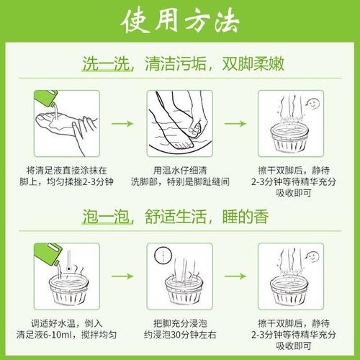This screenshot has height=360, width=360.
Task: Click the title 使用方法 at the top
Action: (180, 21)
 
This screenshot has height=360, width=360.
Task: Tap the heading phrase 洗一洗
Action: (106, 64)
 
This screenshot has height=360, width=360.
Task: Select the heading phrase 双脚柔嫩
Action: (253, 64)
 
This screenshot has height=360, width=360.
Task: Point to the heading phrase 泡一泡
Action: (106, 217)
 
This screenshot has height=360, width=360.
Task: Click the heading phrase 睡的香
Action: (246, 217)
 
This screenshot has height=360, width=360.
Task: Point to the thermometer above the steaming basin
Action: (69, 261)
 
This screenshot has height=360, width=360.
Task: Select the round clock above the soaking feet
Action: (163, 255)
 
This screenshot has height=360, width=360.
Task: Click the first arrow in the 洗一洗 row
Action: (122, 124)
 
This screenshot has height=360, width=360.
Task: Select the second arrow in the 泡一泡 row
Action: (235, 276)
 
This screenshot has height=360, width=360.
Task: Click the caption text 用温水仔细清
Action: (180, 171)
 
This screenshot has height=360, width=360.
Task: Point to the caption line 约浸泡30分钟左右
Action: (180, 335)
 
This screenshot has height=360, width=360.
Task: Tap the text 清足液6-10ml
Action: (44, 335)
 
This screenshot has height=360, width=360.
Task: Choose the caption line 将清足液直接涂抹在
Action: (66, 171)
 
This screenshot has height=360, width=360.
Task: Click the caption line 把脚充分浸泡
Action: (180, 323)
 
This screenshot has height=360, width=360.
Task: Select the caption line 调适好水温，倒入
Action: (66, 323)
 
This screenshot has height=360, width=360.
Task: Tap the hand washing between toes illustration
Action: (180, 124)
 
